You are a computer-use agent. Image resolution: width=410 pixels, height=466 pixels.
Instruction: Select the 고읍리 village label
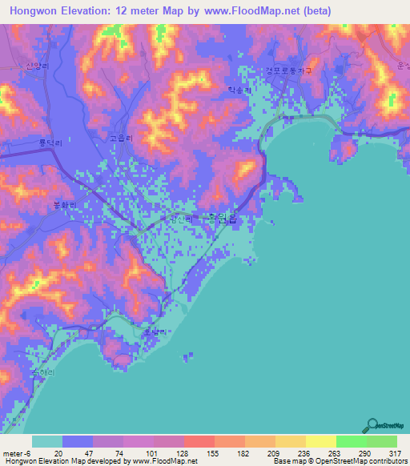pyautogui.click(x=122, y=137)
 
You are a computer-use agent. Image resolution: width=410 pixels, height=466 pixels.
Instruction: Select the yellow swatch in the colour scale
pyautogui.click(x=321, y=441)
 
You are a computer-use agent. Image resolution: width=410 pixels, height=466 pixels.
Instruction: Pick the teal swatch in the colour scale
pyautogui.click(x=47, y=441)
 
